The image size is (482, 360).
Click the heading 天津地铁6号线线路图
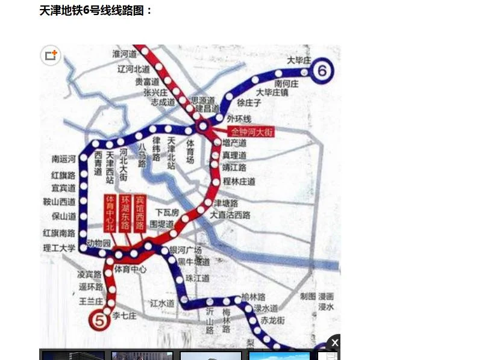click(x=96, y=10)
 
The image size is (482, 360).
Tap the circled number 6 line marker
click(x=322, y=71)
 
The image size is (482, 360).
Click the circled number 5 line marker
click(x=98, y=320)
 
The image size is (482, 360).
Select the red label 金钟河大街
click(x=252, y=131)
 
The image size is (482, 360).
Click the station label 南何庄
click(x=286, y=84)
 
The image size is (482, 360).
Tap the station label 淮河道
click(x=125, y=54)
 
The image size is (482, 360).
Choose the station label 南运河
click(x=64, y=160)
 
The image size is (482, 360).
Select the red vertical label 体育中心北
click(x=110, y=213)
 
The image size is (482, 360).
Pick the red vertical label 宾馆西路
click(x=140, y=213)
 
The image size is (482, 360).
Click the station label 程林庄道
click(x=239, y=181)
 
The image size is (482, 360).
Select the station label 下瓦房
click(x=167, y=213)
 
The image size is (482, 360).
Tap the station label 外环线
click(x=239, y=119)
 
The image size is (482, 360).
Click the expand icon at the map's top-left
click(x=51, y=56)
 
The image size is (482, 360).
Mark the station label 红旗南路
click(x=59, y=232)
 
